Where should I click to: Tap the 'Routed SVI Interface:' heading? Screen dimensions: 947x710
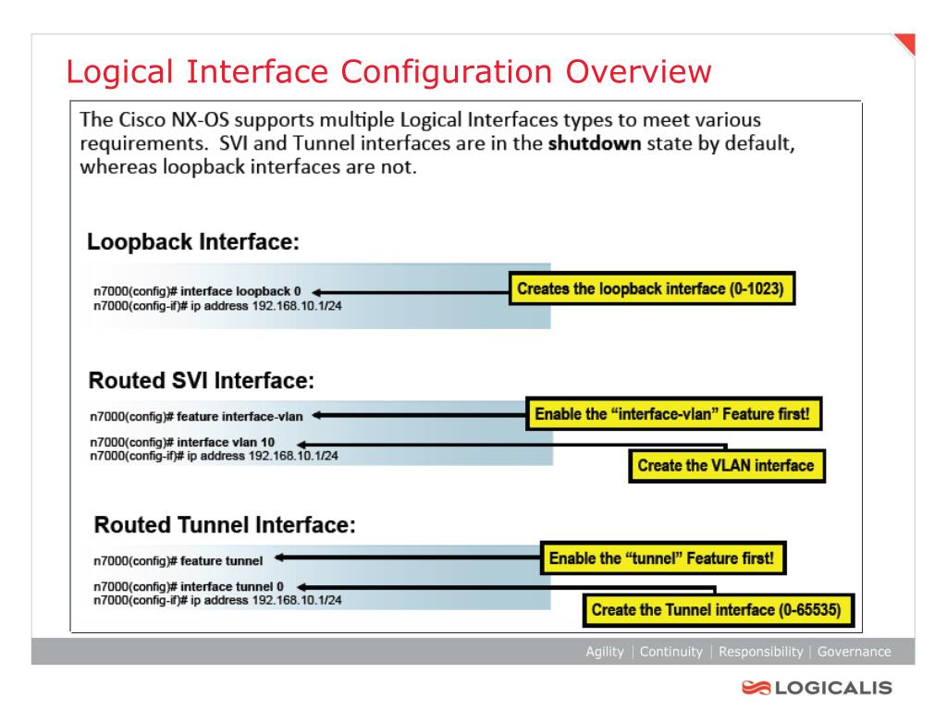pyautogui.click(x=202, y=381)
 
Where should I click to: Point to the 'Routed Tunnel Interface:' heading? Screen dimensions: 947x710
pyautogui.click(x=225, y=525)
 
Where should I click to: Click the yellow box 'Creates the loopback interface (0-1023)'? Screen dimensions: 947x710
pyautogui.click(x=652, y=289)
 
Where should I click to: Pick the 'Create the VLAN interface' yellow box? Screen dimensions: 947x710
pyautogui.click(x=726, y=465)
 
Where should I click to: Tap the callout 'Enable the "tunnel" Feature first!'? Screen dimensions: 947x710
pyautogui.click(x=661, y=558)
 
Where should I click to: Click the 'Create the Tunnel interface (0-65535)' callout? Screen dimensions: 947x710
pyautogui.click(x=721, y=609)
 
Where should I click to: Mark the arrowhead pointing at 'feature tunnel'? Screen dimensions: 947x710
pyautogui.click(x=278, y=558)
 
